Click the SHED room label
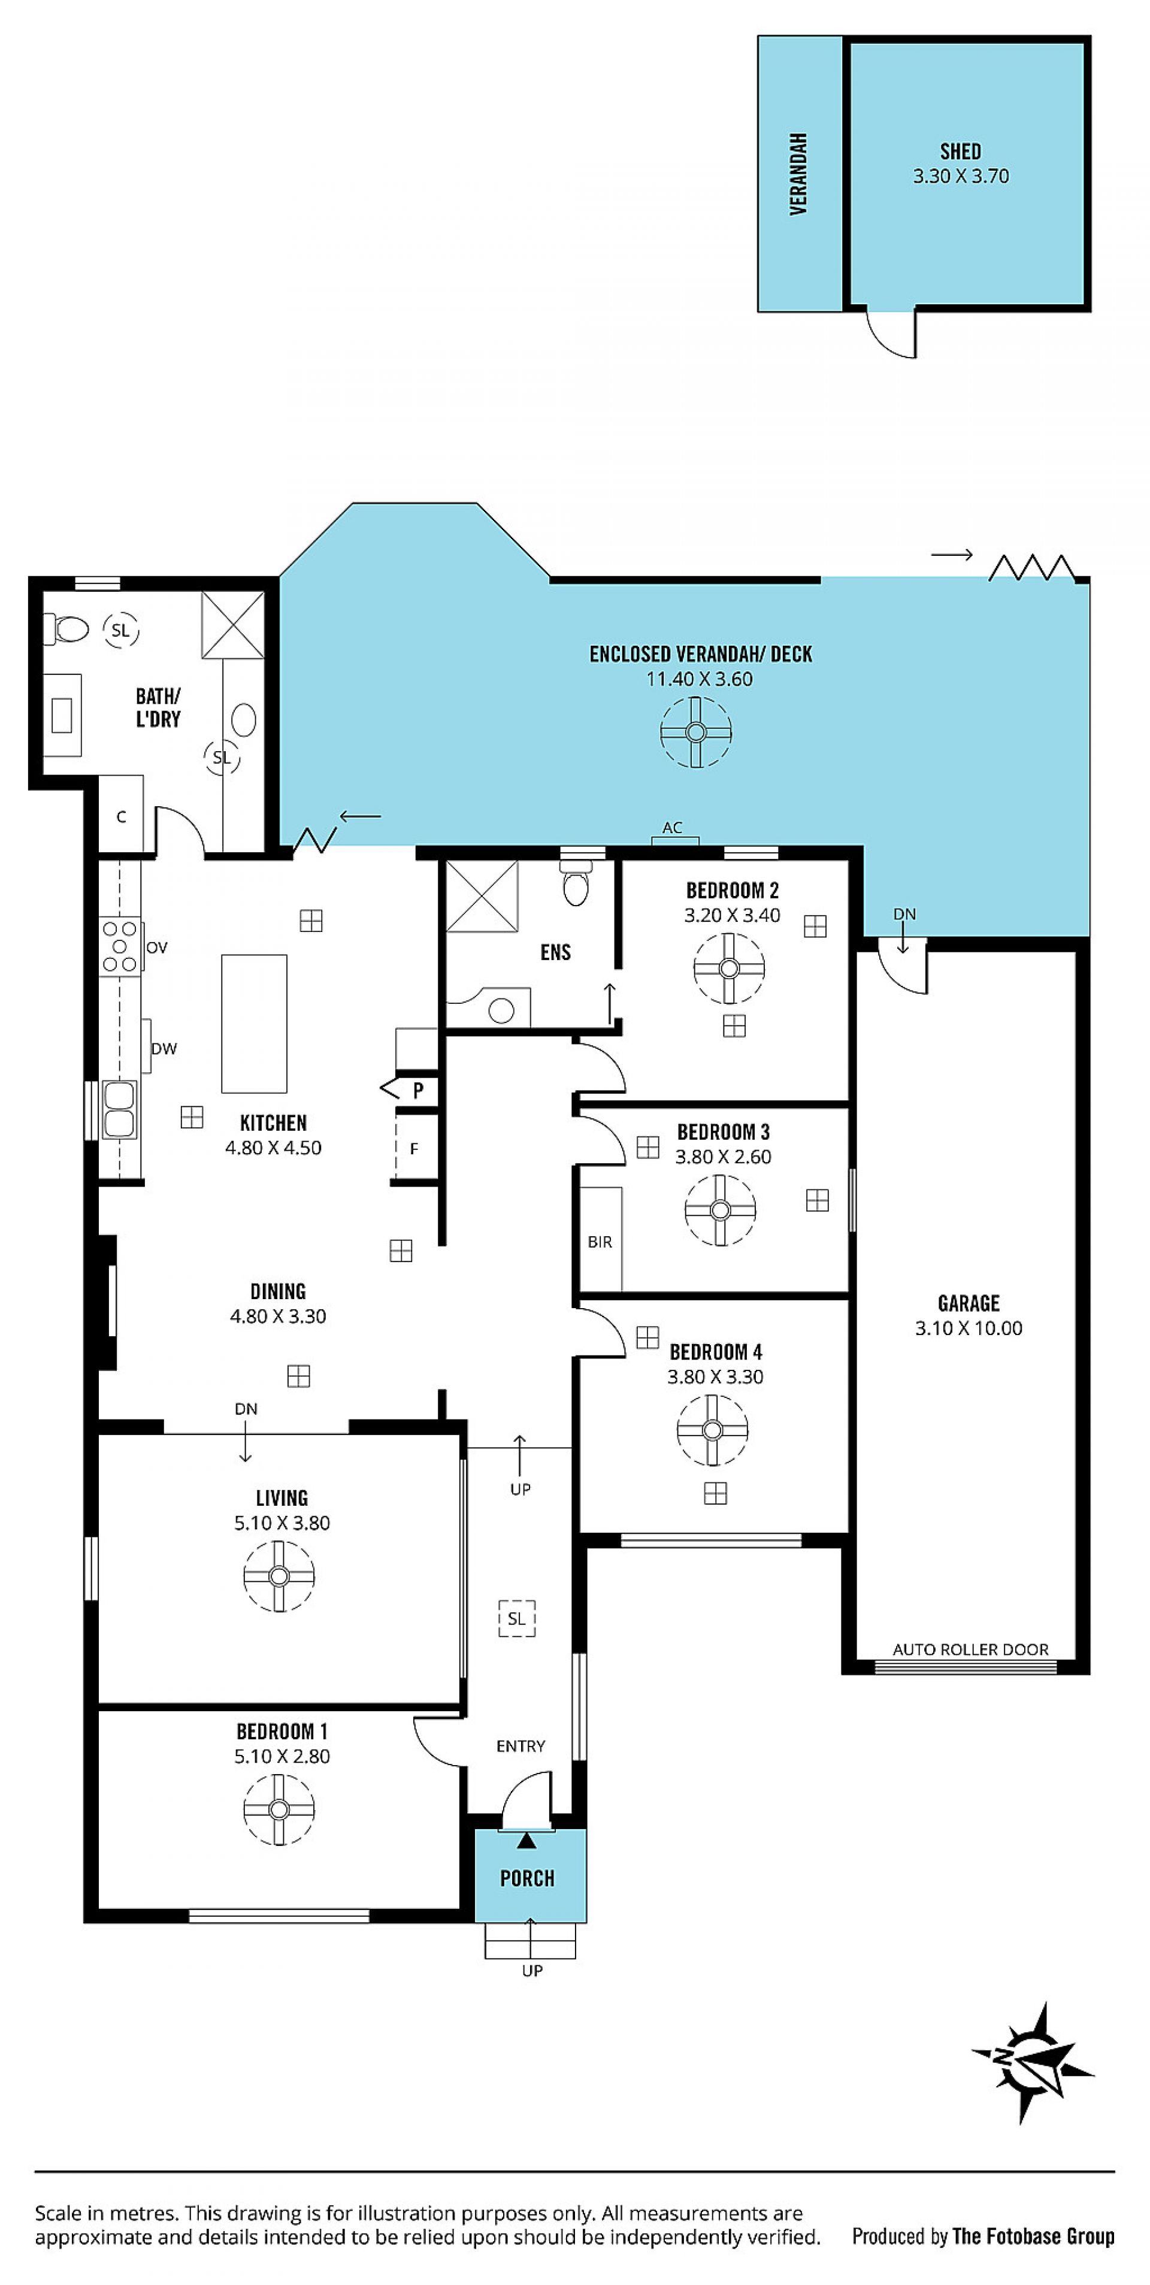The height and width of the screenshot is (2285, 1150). point(961,152)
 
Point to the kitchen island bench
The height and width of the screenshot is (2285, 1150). point(254,1024)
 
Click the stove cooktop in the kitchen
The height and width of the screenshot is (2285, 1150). point(120,946)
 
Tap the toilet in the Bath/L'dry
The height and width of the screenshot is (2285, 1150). point(66,629)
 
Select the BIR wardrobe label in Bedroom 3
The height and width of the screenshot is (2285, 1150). point(600,1242)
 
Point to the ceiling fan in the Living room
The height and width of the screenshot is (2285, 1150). point(279,1575)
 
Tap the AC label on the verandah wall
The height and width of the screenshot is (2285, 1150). point(673,828)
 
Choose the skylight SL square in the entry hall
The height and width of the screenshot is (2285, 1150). point(516,1618)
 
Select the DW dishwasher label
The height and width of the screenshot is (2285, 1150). point(164,1049)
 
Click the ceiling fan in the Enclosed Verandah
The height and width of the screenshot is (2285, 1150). point(695,732)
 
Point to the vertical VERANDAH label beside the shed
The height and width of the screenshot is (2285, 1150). point(798,174)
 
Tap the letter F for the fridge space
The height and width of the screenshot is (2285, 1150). point(413,1149)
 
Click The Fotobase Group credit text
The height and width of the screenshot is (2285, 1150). point(1034,2236)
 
